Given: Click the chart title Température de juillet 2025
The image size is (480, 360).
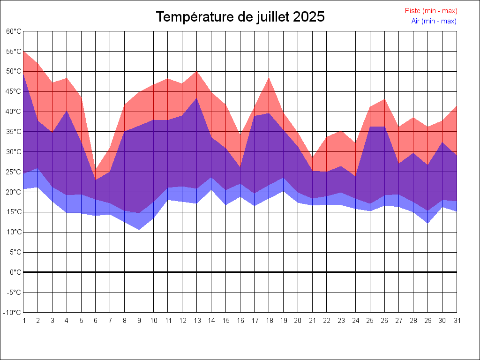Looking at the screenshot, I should (240, 17).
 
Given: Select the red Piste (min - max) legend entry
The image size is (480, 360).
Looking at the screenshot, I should (431, 11).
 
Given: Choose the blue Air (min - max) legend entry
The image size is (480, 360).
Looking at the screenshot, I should (434, 21).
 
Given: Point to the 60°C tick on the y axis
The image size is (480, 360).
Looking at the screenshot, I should (14, 31).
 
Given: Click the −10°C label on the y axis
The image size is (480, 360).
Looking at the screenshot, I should (13, 312).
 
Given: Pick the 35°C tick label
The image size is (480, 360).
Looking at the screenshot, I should (14, 132).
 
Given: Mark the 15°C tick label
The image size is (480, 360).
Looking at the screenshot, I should (14, 212).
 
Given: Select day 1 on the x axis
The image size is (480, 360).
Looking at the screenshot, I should (23, 321).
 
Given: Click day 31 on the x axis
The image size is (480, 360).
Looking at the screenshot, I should (457, 321).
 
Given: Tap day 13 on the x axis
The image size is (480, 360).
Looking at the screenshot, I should (197, 321).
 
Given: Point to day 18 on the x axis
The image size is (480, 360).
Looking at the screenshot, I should (269, 321).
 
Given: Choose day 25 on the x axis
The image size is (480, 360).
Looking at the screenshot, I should (370, 321).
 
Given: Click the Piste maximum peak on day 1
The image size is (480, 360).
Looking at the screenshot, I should (23, 51).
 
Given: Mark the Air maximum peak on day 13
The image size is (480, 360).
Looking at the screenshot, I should (197, 98).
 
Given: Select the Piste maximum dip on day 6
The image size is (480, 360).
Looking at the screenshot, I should (96, 170).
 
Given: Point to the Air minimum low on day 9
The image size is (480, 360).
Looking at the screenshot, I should (139, 230).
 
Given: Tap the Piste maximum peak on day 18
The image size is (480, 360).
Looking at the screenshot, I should (269, 78).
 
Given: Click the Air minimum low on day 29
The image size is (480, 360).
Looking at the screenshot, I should (427, 223).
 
